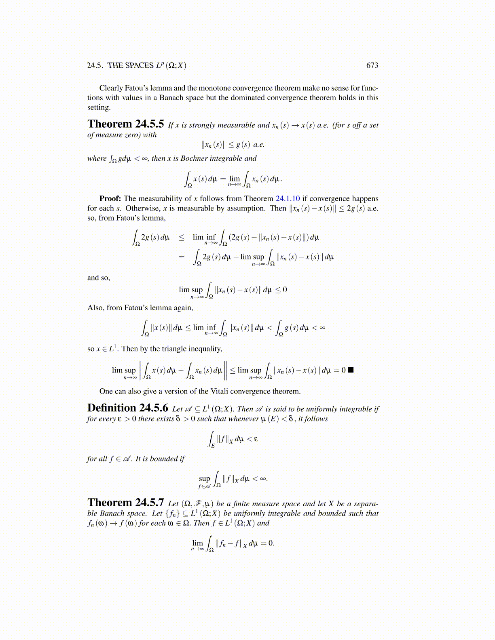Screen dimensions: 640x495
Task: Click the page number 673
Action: pyautogui.click(x=372, y=65)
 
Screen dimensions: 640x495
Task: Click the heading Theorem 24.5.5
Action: pyautogui.click(x=125, y=124)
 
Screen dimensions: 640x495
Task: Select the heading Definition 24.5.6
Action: pyautogui.click(x=127, y=408)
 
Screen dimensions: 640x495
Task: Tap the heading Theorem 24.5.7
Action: pyautogui.click(x=125, y=503)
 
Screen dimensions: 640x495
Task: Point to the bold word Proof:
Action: pyautogui.click(x=110, y=198)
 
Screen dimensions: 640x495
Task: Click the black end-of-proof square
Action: pyautogui.click(x=351, y=370)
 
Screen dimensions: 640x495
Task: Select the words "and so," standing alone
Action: pyautogui.click(x=99, y=278)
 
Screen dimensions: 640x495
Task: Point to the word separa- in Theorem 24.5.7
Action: pyautogui.click(x=366, y=504)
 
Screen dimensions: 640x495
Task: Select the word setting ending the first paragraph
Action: pyautogui.click(x=99, y=107)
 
